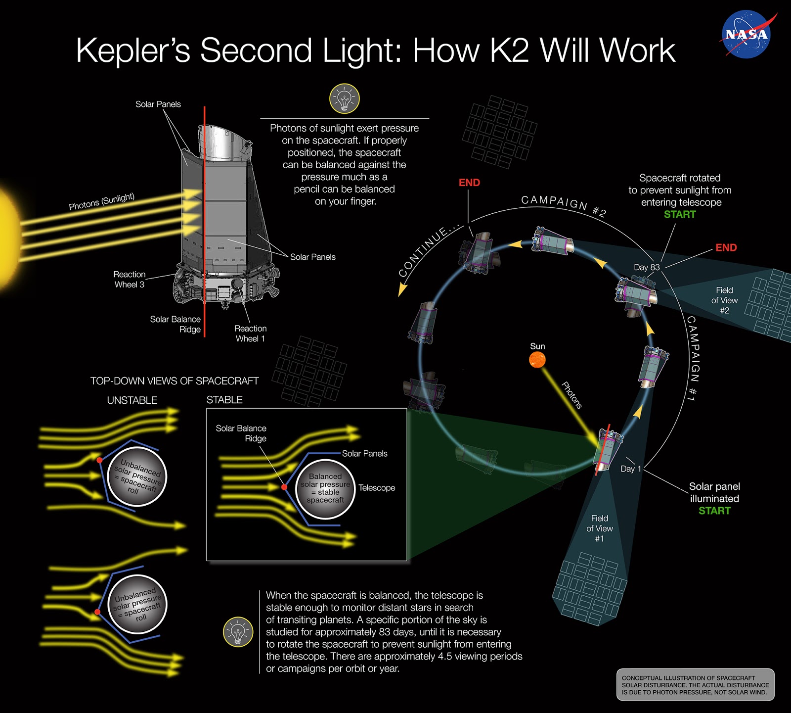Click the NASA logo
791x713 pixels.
pyautogui.click(x=747, y=35)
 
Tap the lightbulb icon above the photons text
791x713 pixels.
pyautogui.click(x=344, y=98)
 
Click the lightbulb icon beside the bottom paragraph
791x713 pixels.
pyautogui.click(x=238, y=632)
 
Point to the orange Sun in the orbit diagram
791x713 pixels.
pyautogui.click(x=537, y=360)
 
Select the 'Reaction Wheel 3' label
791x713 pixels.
pyautogui.click(x=130, y=279)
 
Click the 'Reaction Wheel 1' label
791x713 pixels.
pyautogui.click(x=250, y=333)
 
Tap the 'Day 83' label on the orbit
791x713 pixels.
pyautogui.click(x=646, y=267)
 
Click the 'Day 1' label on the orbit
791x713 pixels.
pyautogui.click(x=630, y=469)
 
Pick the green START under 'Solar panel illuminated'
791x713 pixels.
pyautogui.click(x=714, y=511)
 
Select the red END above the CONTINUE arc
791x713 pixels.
pyautogui.click(x=469, y=183)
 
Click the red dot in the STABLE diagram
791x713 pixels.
pyautogui.click(x=284, y=487)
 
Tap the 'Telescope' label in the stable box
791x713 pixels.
pyautogui.click(x=377, y=488)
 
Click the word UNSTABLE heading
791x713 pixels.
pyautogui.click(x=132, y=400)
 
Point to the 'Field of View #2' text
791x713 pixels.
pyautogui.click(x=724, y=300)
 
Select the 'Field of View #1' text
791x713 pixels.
pyautogui.click(x=599, y=528)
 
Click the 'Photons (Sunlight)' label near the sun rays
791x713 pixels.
pyautogui.click(x=101, y=201)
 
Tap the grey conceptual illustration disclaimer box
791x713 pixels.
pyautogui.click(x=695, y=685)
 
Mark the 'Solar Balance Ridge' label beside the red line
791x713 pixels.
pyautogui.click(x=176, y=324)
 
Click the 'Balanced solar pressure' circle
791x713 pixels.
pyautogui.click(x=325, y=488)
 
